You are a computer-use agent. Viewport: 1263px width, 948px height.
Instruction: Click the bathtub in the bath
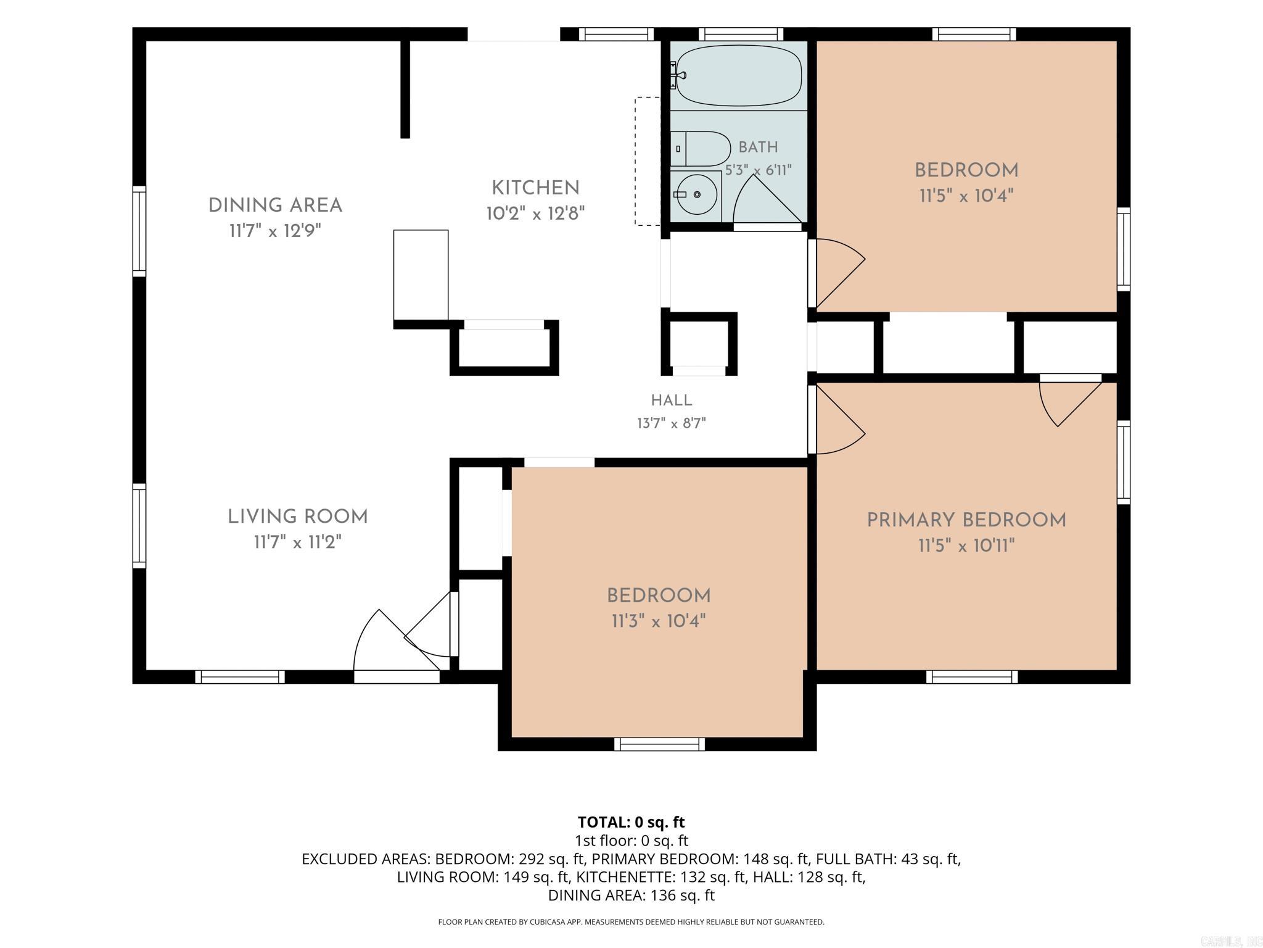pos(738,76)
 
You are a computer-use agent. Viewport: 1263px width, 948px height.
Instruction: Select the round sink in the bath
pos(696,195)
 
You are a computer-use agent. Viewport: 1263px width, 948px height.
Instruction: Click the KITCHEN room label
pos(535,188)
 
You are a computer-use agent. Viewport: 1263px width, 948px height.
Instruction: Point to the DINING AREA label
pos(275,206)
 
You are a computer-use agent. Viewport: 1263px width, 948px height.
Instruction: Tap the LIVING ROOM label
pos(298,517)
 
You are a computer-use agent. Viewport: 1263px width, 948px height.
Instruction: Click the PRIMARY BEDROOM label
pos(966,520)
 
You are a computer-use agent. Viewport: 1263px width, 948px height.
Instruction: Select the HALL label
pos(672,400)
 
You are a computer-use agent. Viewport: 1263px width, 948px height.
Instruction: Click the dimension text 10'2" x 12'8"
pos(535,214)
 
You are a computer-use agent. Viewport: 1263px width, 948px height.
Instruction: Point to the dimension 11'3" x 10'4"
pos(659,620)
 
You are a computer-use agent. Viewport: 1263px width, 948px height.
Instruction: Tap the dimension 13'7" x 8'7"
pos(672,423)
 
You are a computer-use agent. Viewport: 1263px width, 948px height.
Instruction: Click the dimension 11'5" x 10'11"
pos(966,546)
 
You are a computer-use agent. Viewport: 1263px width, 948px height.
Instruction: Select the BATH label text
pos(758,147)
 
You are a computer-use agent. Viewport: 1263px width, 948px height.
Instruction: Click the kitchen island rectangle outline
pos(421,275)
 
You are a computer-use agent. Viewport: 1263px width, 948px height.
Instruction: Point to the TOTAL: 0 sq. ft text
pos(631,822)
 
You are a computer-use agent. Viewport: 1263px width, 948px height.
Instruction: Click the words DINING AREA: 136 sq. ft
pos(631,895)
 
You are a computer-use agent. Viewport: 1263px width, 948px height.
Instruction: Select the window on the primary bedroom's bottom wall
pos(972,677)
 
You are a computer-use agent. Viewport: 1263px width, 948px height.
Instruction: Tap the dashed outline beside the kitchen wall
pos(648,161)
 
